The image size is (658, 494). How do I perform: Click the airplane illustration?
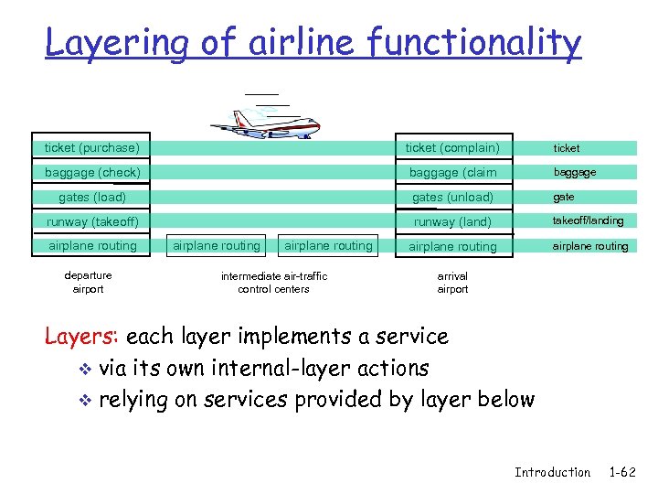point(266,121)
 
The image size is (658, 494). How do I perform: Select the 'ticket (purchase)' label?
point(92,148)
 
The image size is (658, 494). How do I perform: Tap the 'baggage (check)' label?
point(92,173)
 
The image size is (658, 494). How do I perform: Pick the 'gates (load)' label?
point(92,198)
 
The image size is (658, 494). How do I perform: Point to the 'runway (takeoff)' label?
point(92,222)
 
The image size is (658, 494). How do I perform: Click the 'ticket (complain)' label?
point(452,148)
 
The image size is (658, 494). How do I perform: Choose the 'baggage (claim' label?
point(452,173)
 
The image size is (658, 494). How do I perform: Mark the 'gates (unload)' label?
point(452,198)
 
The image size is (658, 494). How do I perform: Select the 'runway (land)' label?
point(452,222)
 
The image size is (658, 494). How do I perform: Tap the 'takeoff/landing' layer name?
point(589,220)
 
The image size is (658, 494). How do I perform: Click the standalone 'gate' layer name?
point(564,197)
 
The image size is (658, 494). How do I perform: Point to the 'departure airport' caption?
point(89,283)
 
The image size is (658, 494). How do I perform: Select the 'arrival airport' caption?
point(452,283)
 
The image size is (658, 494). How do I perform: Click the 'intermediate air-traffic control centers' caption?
point(273,283)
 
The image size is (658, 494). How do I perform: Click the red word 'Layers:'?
point(82,336)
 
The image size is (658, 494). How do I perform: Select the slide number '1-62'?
point(621,472)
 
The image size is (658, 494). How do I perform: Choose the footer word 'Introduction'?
point(552,472)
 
